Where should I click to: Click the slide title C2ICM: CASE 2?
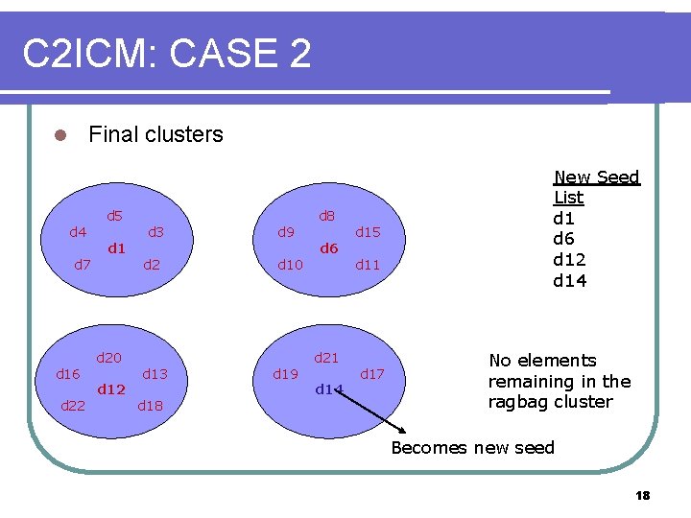(167, 54)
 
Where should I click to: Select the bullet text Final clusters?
(155, 134)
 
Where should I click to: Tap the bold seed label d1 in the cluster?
(117, 248)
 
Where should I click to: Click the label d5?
(114, 216)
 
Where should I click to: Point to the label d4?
(78, 231)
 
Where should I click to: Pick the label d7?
(83, 264)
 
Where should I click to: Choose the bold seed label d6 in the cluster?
(329, 248)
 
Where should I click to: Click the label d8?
(326, 216)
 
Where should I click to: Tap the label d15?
(369, 232)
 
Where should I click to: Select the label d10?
(290, 264)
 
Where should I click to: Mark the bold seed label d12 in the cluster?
(111, 389)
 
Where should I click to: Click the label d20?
(108, 358)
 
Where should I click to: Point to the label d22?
(73, 406)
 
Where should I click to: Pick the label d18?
(151, 406)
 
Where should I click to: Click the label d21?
(326, 358)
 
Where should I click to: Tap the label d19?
(286, 374)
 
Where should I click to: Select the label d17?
(372, 374)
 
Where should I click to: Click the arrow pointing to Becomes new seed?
(379, 414)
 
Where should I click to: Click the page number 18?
(642, 495)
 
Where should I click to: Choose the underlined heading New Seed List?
(596, 187)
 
